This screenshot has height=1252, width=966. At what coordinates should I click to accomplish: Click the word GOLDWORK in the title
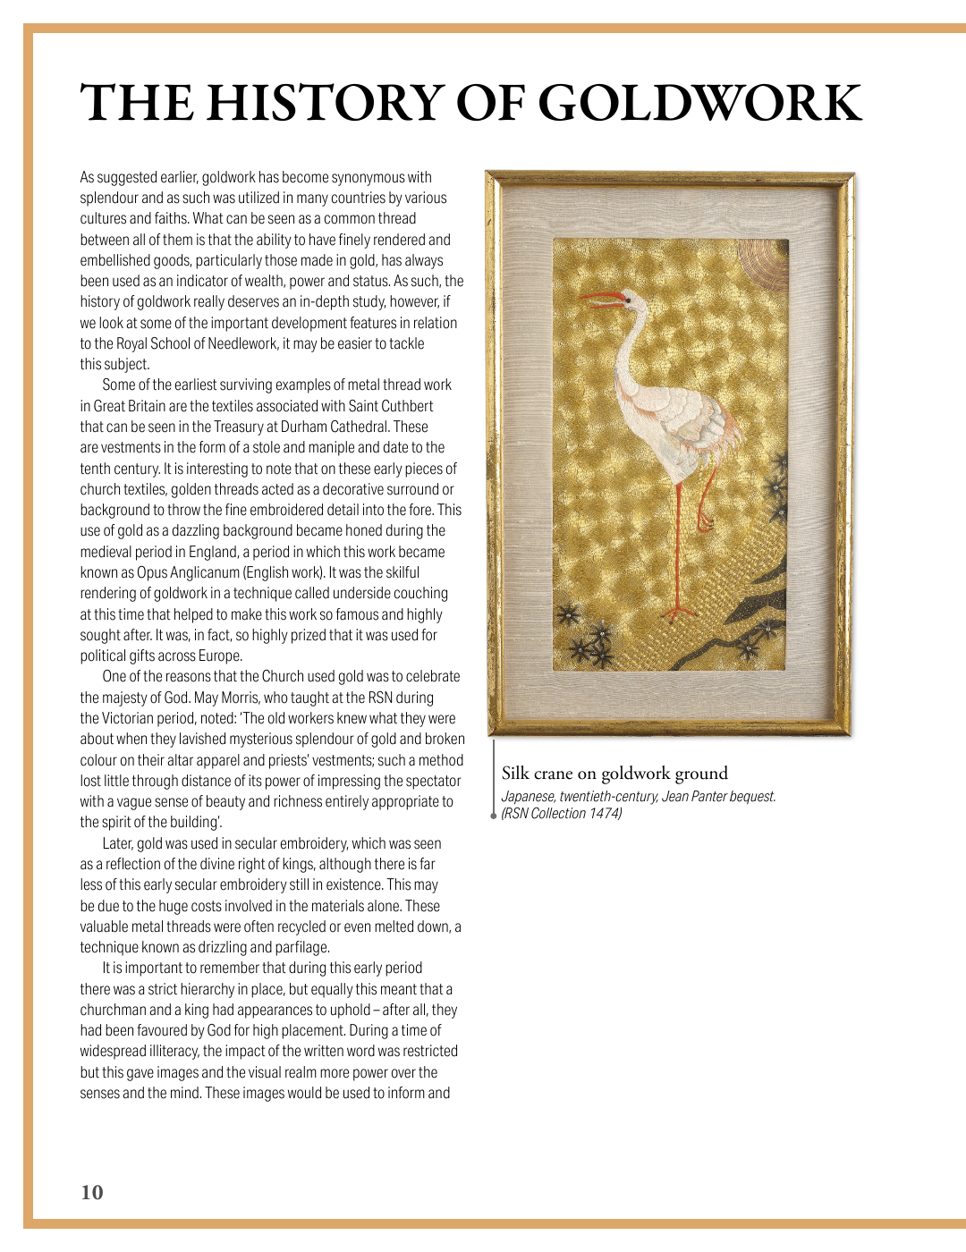pos(699,103)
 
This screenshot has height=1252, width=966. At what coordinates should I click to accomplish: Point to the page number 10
pos(92,1192)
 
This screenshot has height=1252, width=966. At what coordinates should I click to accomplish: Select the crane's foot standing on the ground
pos(680,613)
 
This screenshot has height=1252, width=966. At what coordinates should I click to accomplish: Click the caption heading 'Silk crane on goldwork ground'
pos(614,774)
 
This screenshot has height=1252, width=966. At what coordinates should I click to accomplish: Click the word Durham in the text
pos(303,427)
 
